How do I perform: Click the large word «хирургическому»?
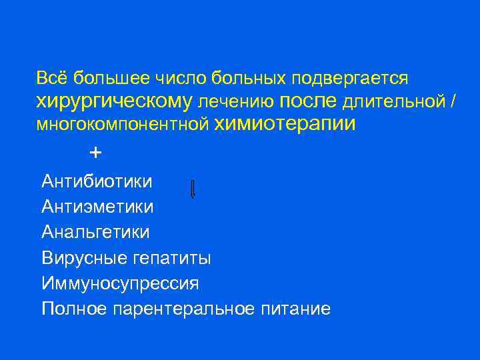pos(114,101)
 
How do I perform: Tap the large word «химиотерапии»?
pos(285,123)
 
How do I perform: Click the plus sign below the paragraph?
pos(95,153)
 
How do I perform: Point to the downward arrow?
pos(193,189)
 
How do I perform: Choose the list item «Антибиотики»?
pos(97,181)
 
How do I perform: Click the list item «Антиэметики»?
pos(97,207)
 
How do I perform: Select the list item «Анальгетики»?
pos(95,232)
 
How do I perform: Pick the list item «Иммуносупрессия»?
pos(120,283)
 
